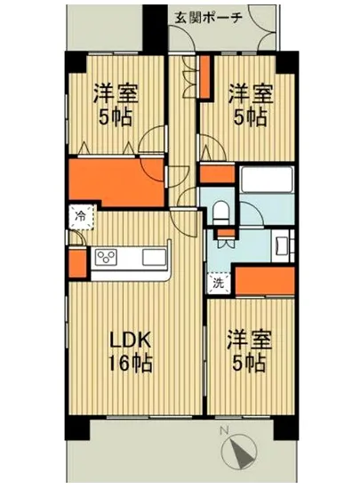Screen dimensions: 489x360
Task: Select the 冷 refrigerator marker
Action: [80, 215]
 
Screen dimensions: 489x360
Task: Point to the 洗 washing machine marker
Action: [218, 285]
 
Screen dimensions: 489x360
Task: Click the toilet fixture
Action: [221, 213]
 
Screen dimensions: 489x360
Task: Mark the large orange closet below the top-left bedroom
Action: [116, 182]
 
